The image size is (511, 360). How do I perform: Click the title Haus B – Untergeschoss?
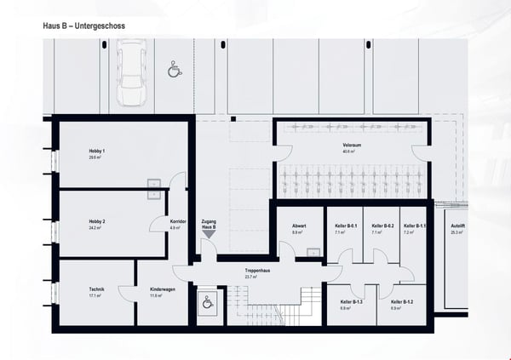click(x=84, y=26)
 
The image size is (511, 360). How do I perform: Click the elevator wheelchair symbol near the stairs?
click(x=207, y=301)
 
